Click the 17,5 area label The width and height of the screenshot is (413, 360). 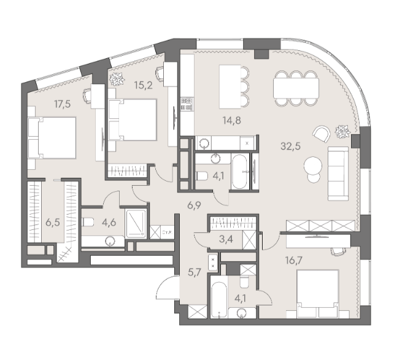pyautogui.click(x=63, y=104)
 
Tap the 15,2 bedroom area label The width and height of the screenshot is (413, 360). pyautogui.click(x=143, y=85)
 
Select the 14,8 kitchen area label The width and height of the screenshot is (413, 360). pyautogui.click(x=231, y=121)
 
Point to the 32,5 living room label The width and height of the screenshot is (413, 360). pyautogui.click(x=290, y=146)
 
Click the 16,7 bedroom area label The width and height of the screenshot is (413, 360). pyautogui.click(x=294, y=260)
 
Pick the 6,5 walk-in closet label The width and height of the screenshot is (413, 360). pyautogui.click(x=53, y=223)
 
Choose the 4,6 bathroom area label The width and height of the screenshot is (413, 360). pyautogui.click(x=109, y=223)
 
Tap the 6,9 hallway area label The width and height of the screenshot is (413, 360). pyautogui.click(x=194, y=205)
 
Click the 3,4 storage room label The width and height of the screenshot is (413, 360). pyautogui.click(x=226, y=239)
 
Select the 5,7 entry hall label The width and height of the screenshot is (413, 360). pyautogui.click(x=195, y=272)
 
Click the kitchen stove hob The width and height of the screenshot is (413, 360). pyautogui.click(x=187, y=104)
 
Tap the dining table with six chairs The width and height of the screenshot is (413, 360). pyautogui.click(x=296, y=88)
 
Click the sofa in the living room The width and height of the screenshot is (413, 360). pyautogui.click(x=338, y=174)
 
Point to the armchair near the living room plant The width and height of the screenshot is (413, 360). pyautogui.click(x=322, y=134)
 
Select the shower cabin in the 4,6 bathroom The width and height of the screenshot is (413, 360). pyautogui.click(x=136, y=223)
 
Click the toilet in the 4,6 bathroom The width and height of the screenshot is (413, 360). pyautogui.click(x=88, y=222)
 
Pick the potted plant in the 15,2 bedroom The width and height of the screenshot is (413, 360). pyautogui.click(x=117, y=79)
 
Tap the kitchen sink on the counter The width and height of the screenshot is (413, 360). pyautogui.click(x=204, y=144)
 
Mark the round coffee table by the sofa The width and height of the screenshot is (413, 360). pyautogui.click(x=313, y=166)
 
